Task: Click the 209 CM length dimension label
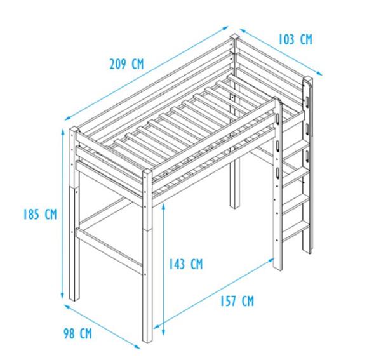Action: [126, 64]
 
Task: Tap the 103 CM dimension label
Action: [295, 39]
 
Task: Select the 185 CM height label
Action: [40, 214]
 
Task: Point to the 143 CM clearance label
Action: [185, 264]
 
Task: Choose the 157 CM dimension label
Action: [237, 301]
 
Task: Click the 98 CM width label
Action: [77, 333]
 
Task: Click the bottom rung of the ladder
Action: [295, 229]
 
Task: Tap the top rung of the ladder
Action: [295, 150]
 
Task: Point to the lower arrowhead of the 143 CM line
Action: [164, 332]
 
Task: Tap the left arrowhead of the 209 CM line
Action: [68, 118]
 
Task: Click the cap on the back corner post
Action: [234, 37]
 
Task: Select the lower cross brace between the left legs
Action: [109, 251]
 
